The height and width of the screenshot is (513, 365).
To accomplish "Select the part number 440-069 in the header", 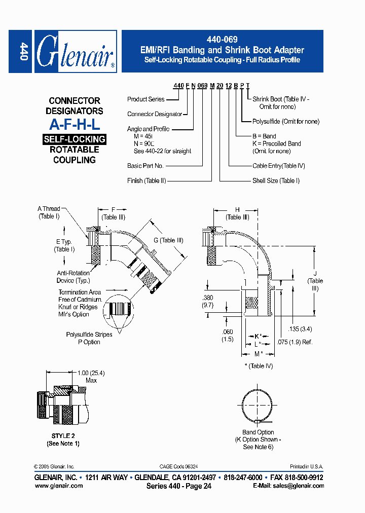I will pos(223,39).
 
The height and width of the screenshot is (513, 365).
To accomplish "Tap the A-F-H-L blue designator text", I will pos(75,125).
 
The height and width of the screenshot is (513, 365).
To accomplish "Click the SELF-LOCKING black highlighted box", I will pos(75,139).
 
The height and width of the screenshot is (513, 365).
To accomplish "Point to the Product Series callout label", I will pos(146,99).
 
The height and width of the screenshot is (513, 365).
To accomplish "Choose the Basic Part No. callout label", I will pos(145,166).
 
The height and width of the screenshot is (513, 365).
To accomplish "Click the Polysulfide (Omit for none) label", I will pos(286,122).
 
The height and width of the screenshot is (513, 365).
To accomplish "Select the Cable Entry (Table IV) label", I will pos(279,166).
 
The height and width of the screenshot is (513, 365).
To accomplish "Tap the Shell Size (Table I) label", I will pos(276,180).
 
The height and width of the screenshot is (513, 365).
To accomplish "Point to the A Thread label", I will pos(49,209).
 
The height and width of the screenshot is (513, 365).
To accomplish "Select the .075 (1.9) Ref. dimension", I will pos(295,342).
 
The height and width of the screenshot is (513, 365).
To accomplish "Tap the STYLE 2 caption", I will pos(63,436).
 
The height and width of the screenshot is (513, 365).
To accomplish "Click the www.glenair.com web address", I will pos(58,486).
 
